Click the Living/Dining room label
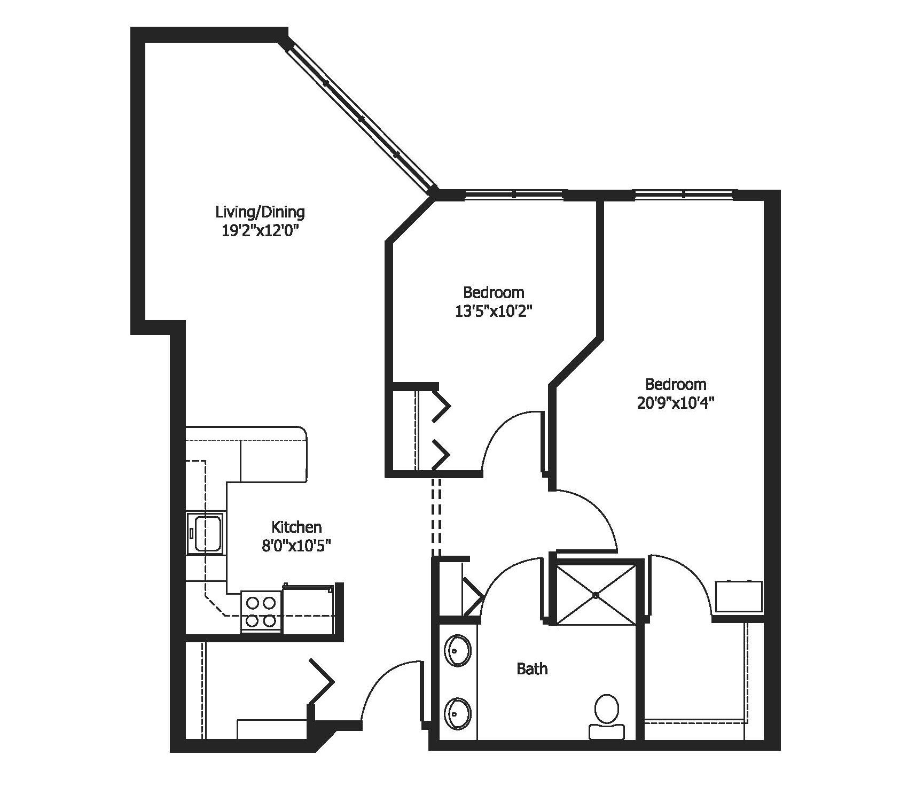[260, 212]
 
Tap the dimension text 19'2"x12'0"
[260, 231]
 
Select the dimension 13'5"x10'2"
[494, 311]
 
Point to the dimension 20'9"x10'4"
[676, 403]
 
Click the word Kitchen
[296, 527]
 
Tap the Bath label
[532, 668]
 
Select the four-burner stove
[261, 612]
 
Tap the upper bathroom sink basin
[458, 651]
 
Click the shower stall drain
[597, 595]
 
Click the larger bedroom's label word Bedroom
[676, 384]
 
